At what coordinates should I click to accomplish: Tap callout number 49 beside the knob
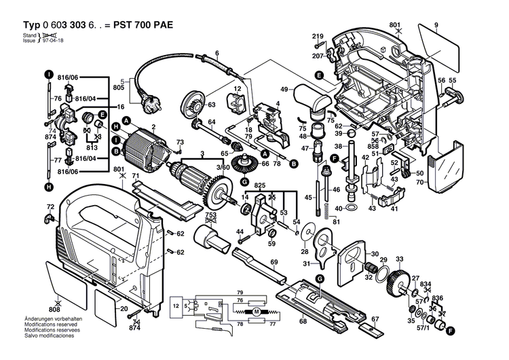click(284, 88)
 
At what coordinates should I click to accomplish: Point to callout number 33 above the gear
click(399, 259)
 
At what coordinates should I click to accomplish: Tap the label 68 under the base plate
click(303, 321)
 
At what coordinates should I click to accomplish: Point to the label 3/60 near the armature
click(204, 166)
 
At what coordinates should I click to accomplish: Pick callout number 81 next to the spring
click(336, 222)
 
